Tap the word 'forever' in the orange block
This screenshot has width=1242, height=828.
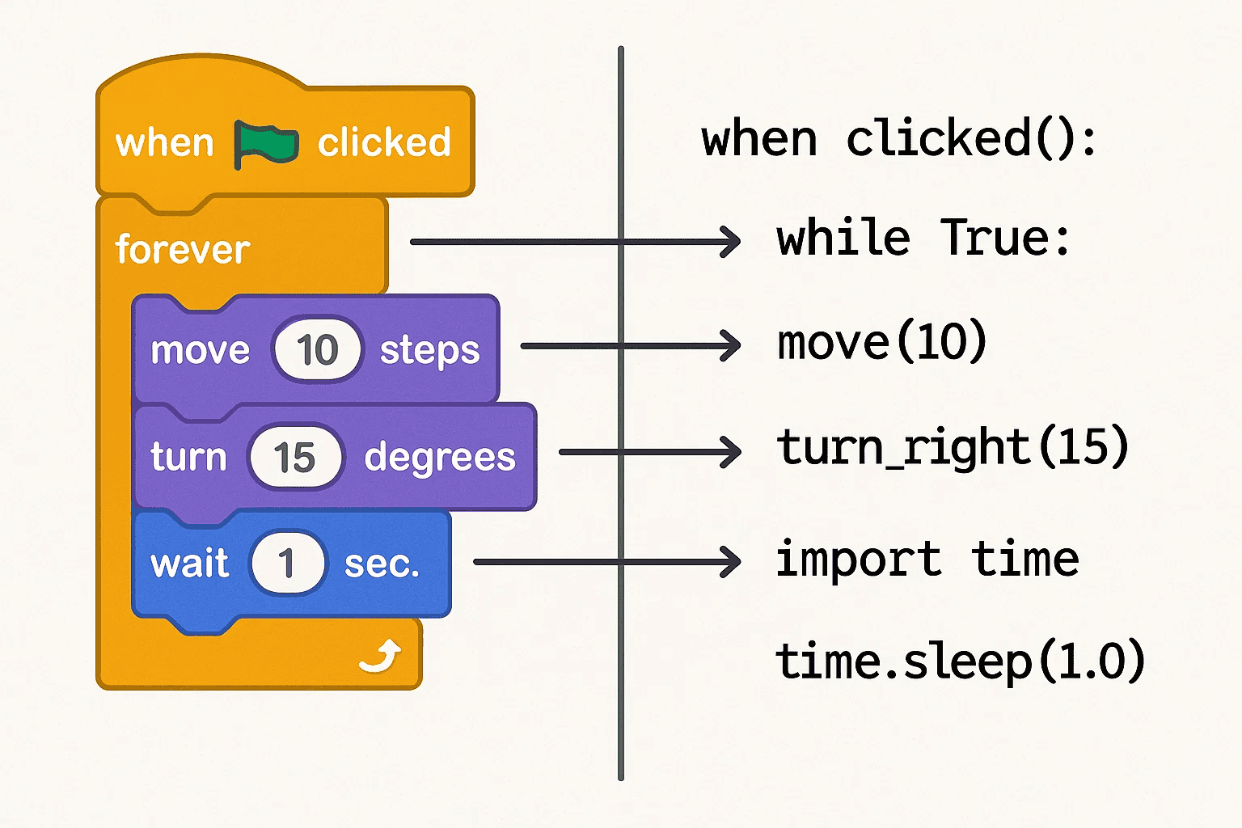click(182, 249)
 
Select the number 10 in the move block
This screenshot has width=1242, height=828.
click(316, 349)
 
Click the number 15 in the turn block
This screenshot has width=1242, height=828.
click(294, 458)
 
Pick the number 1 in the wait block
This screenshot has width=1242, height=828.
click(286, 563)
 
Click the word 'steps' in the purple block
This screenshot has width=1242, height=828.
click(429, 351)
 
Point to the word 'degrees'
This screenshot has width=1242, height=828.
click(439, 458)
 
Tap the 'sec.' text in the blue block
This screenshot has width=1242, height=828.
click(382, 564)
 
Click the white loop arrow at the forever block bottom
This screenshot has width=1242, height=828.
click(381, 656)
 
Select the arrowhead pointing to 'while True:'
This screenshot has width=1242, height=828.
click(730, 242)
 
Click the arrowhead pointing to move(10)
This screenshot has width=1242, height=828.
click(730, 346)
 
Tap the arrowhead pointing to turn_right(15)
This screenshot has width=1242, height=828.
click(730, 452)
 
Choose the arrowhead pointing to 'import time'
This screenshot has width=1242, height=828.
click(730, 562)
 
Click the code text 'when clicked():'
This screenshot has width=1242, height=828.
click(898, 139)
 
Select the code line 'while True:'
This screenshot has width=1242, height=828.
click(923, 239)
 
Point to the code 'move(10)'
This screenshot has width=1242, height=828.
click(881, 342)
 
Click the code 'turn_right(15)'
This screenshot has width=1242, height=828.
click(952, 447)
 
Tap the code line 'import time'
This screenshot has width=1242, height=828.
click(927, 559)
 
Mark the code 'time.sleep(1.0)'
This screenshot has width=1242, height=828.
click(960, 661)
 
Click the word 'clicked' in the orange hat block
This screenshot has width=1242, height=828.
click(383, 143)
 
